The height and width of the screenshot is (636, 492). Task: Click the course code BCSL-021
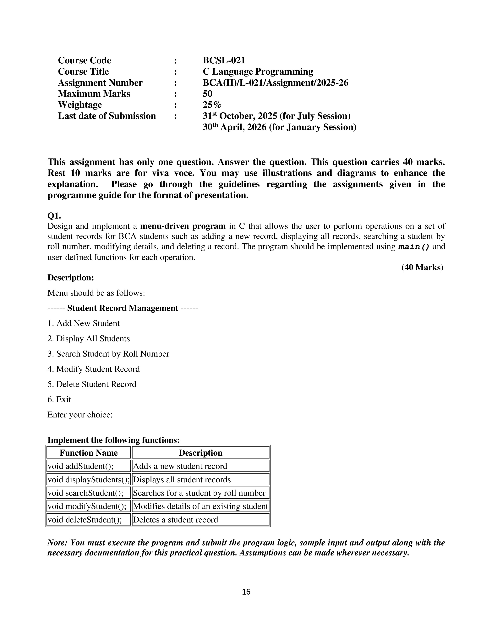coord(224,60)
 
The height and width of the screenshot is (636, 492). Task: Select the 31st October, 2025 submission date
coord(276,116)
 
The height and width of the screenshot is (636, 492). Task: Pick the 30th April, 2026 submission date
coord(279,127)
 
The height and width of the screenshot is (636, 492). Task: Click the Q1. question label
coord(54,216)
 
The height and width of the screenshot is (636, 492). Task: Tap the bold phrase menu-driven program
coord(183,226)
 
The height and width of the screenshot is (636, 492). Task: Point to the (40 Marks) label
coord(422,267)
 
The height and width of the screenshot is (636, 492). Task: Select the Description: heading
coord(71,278)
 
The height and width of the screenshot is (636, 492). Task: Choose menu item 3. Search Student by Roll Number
coord(108,354)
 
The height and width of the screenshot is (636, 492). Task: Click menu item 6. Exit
coord(59,399)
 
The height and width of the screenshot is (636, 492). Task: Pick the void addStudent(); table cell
coord(80,466)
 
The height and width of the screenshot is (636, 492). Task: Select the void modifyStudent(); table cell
coord(87,506)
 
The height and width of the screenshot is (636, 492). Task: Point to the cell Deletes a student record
coord(175,520)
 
